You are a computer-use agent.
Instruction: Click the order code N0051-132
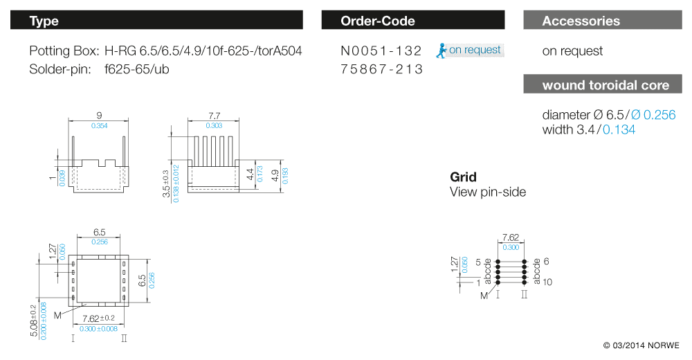coord(381,51)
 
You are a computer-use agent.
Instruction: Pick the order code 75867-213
coord(381,69)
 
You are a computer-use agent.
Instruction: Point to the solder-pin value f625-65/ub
coord(137,69)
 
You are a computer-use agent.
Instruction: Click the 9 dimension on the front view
coord(100,116)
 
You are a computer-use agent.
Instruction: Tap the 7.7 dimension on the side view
coord(215,116)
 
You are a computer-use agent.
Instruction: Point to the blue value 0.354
coord(100,125)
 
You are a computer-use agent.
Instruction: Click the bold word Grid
coord(463,177)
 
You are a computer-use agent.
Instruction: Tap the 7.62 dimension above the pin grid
coord(510,237)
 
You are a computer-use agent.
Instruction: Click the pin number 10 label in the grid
coord(547,282)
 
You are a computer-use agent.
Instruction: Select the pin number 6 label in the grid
coord(546,261)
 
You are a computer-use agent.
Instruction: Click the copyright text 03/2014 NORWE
coord(641,345)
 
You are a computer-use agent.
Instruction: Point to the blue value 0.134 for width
coord(619,129)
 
